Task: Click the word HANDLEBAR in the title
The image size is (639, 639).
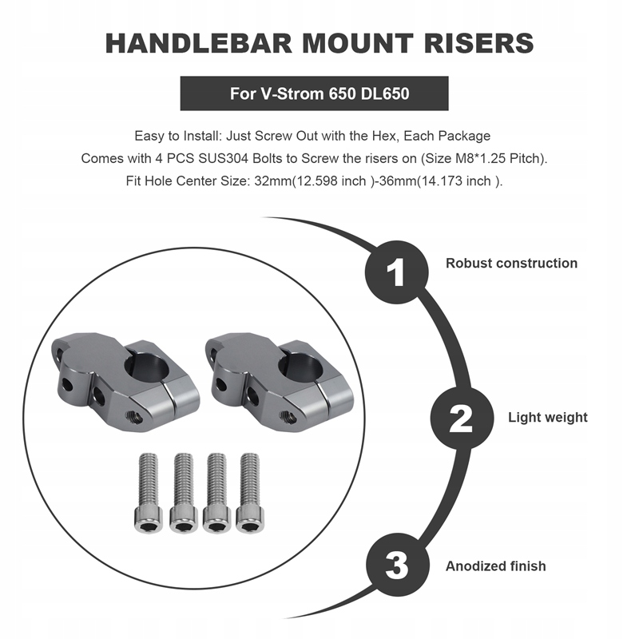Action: pyautogui.click(x=199, y=44)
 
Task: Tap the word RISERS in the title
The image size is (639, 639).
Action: pyautogui.click(x=478, y=44)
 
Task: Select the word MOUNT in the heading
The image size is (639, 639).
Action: pyautogui.click(x=358, y=44)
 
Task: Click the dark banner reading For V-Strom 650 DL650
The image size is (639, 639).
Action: pyautogui.click(x=314, y=93)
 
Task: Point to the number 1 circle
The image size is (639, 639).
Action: pyautogui.click(x=396, y=272)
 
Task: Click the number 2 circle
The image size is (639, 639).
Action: pyautogui.click(x=462, y=418)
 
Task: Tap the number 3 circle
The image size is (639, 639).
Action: pyautogui.click(x=397, y=565)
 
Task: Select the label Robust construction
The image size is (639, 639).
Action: pyautogui.click(x=511, y=264)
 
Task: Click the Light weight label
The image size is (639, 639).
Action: pyautogui.click(x=548, y=417)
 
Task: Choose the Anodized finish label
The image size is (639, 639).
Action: pyautogui.click(x=495, y=566)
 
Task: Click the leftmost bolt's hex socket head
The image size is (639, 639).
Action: pyautogui.click(x=148, y=520)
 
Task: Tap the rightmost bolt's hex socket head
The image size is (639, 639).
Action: pyautogui.click(x=250, y=520)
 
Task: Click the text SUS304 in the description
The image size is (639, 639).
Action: pyautogui.click(x=224, y=158)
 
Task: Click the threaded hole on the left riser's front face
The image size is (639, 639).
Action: pyautogui.click(x=133, y=416)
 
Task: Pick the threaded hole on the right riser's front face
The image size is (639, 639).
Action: pyautogui.click(x=288, y=416)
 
